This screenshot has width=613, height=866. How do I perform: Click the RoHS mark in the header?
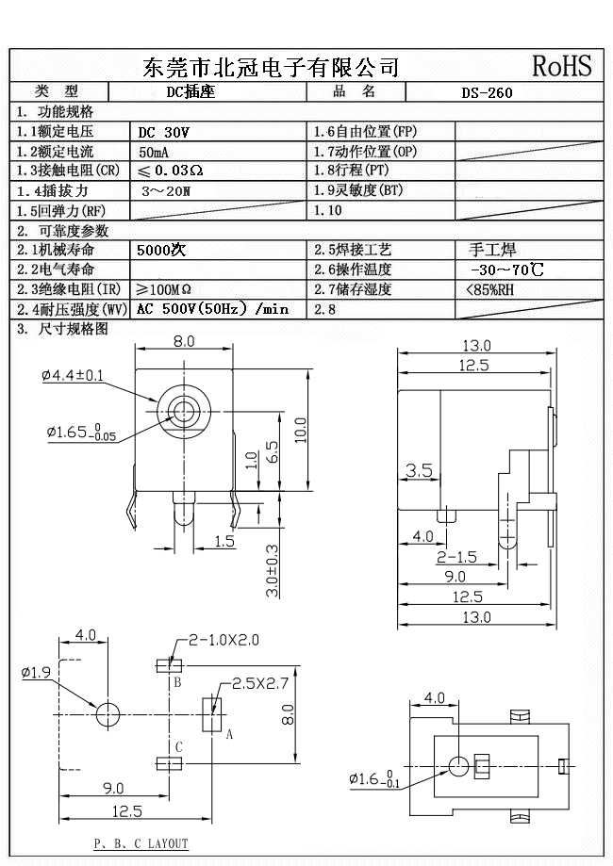[x=562, y=65]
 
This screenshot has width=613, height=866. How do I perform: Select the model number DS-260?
[x=489, y=93]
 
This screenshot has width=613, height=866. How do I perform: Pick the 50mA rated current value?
[x=156, y=152]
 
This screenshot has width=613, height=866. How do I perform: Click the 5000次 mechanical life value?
[x=161, y=251]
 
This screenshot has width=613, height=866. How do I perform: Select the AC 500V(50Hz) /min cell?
[x=212, y=309]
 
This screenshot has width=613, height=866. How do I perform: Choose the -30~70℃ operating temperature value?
[x=506, y=270]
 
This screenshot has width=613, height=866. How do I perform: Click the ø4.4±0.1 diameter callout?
[x=73, y=376]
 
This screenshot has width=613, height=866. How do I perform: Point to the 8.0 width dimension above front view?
[x=184, y=341]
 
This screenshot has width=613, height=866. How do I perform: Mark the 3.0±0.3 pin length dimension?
[x=273, y=570]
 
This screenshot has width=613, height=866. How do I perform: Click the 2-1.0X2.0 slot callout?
[x=224, y=640]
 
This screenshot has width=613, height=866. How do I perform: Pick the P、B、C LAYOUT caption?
[x=141, y=843]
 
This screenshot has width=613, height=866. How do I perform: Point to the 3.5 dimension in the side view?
[x=418, y=469]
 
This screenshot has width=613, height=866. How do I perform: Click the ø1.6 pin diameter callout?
[x=374, y=779]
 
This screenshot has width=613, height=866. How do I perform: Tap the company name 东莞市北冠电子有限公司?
[x=270, y=67]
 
